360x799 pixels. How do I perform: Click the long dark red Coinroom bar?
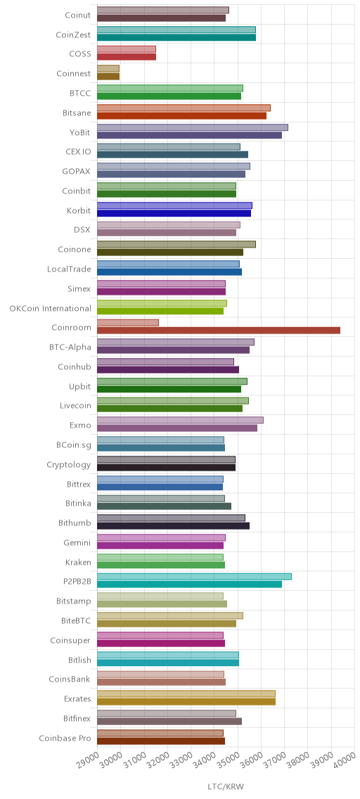(219, 330)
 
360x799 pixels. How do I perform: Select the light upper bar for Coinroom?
(128, 323)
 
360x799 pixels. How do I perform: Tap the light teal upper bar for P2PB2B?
(194, 576)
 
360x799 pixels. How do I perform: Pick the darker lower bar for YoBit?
(189, 135)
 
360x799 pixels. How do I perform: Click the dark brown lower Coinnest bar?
(108, 77)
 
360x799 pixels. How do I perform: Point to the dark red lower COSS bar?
(127, 57)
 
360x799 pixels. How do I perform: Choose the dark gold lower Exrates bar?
(186, 702)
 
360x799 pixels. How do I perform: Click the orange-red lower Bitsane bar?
(181, 115)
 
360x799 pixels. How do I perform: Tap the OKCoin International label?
(51, 308)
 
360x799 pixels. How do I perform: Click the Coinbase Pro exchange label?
(65, 738)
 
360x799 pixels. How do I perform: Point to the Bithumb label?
(75, 523)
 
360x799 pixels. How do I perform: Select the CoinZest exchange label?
(73, 34)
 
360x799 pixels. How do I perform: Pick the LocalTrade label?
(69, 269)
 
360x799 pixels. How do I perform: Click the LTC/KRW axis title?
(226, 787)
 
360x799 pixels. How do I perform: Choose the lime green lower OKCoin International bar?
(160, 311)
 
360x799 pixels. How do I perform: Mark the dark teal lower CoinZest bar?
(176, 37)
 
